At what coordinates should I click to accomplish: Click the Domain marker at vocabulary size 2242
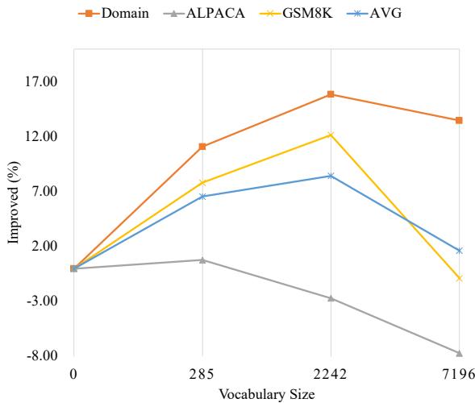pyautogui.click(x=331, y=94)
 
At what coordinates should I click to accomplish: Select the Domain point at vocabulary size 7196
pyautogui.click(x=459, y=120)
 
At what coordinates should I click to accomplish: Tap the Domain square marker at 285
pyautogui.click(x=202, y=147)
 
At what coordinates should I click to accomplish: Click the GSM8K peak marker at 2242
pyautogui.click(x=331, y=135)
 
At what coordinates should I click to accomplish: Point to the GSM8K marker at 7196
pyautogui.click(x=459, y=278)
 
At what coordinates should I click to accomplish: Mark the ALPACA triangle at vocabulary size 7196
pyautogui.click(x=459, y=353)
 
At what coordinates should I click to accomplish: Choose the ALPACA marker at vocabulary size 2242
pyautogui.click(x=331, y=298)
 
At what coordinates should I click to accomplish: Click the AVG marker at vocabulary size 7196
pyautogui.click(x=459, y=251)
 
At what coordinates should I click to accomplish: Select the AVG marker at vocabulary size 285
pyautogui.click(x=202, y=196)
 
